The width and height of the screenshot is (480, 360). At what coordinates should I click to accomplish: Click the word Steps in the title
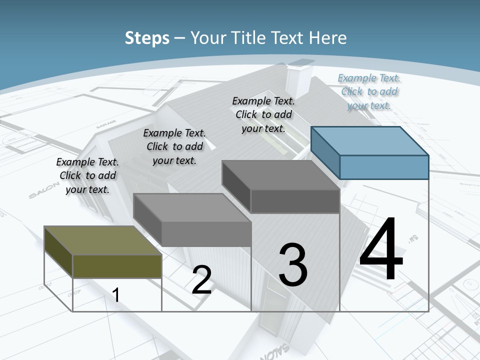click(x=147, y=38)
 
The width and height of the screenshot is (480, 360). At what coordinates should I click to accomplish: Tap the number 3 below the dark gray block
click(x=293, y=265)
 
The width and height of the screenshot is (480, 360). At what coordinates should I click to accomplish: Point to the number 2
click(x=201, y=280)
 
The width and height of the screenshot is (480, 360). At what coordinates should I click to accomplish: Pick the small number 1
click(x=116, y=295)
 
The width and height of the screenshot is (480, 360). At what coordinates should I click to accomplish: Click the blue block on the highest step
click(x=370, y=153)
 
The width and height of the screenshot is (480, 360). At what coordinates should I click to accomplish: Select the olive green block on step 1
click(x=103, y=252)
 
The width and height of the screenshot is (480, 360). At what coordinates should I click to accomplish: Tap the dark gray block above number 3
click(x=281, y=186)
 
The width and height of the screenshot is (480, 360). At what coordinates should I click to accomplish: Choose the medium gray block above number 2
click(x=192, y=220)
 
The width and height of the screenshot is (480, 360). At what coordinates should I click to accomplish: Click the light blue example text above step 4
click(x=369, y=91)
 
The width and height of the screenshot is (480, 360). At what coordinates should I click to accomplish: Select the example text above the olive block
click(x=87, y=175)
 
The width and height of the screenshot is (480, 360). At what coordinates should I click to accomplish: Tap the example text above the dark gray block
click(x=263, y=114)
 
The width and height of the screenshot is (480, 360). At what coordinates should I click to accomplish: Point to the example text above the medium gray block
click(x=174, y=146)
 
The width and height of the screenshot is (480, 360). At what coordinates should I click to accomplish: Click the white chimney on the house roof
click(x=299, y=77)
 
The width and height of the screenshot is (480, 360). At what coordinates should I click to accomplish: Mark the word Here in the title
click(x=329, y=38)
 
